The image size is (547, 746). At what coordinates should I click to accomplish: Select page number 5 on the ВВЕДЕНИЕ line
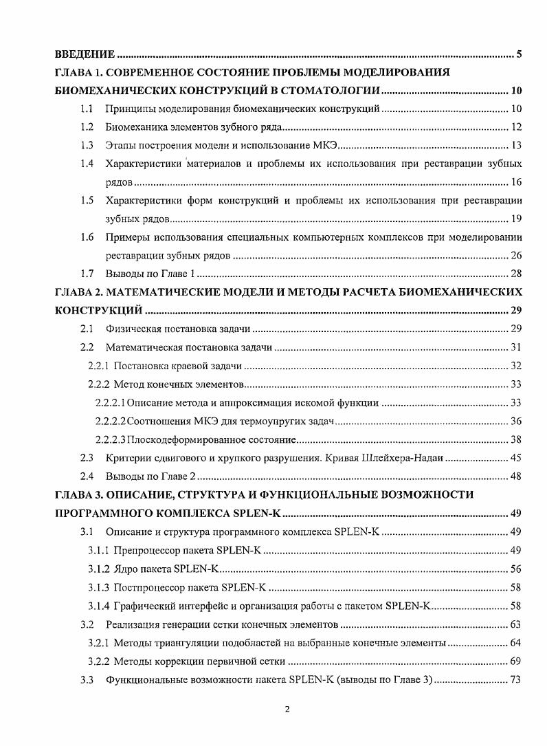click(x=519, y=54)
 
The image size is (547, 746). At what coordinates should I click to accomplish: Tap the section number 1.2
click(x=86, y=127)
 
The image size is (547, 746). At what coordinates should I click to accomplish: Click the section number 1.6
click(x=86, y=238)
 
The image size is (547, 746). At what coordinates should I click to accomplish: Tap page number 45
click(x=516, y=458)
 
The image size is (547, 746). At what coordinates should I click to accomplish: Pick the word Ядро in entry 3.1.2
click(x=126, y=569)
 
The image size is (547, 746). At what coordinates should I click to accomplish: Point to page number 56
click(x=516, y=569)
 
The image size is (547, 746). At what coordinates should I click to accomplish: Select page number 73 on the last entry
click(x=516, y=680)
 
